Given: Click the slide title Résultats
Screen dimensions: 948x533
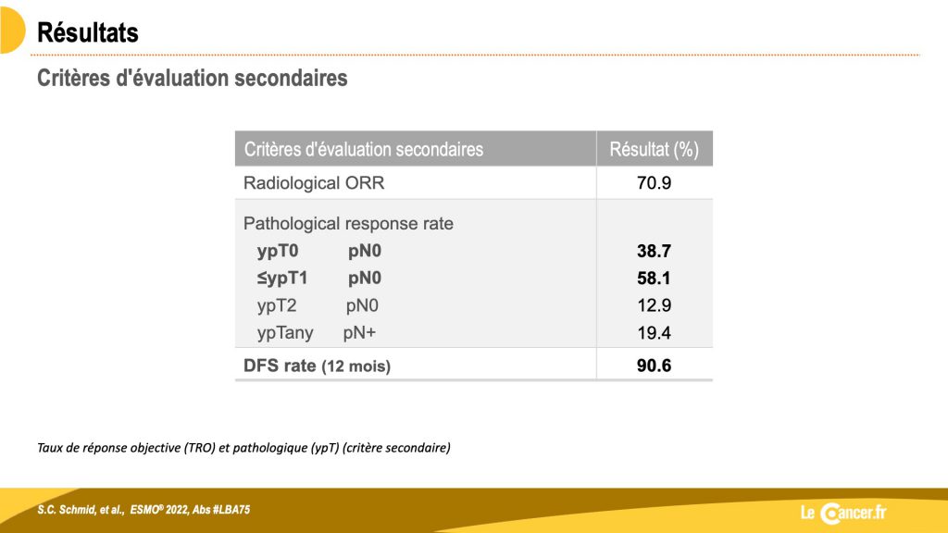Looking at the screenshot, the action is pos(88,32).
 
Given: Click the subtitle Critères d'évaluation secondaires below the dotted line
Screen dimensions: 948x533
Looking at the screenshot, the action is pos(193,78).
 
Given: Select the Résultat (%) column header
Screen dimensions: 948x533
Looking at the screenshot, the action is pos(654,149).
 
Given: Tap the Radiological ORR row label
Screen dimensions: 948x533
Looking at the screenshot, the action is pos(314,183).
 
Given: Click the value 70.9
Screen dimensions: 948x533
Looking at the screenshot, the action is pos(654,183).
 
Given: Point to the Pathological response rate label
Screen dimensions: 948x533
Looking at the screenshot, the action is pos(348,224).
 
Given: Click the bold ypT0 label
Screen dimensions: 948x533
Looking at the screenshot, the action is pos(278,251).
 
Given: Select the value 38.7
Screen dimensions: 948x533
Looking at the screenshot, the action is pos(654,251).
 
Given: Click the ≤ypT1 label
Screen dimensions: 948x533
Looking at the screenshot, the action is pos(282,278).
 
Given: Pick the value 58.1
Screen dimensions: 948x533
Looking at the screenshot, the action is pos(654,278).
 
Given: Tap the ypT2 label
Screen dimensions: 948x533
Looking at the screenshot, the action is pos(277,305).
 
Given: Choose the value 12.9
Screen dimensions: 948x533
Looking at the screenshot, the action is pos(654,305).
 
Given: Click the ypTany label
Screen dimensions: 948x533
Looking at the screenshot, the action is pos(285,333).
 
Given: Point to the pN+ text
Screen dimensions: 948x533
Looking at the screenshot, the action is pos(359,333).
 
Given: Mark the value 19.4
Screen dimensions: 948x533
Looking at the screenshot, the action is pos(654,333).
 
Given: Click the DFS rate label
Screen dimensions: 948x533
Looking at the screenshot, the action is pos(280,366).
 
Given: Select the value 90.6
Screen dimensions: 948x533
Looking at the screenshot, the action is pos(654,366).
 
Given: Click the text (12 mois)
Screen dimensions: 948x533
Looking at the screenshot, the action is pos(356,366).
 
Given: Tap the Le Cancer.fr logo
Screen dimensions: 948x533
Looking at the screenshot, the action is pos(843,513).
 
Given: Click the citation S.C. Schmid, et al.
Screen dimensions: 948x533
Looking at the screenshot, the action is pos(81,510).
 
